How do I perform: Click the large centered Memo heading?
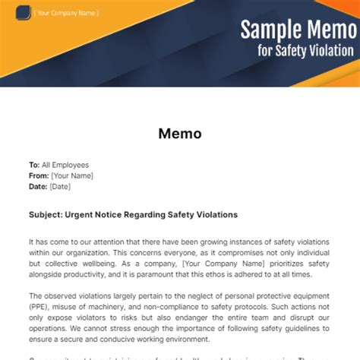180,134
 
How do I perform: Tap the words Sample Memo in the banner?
297,30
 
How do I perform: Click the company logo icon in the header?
27,13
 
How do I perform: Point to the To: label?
34,165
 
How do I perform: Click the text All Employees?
65,165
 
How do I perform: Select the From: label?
39,175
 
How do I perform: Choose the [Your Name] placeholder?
71,175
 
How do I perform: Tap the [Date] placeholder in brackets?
60,186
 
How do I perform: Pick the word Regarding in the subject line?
172,215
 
